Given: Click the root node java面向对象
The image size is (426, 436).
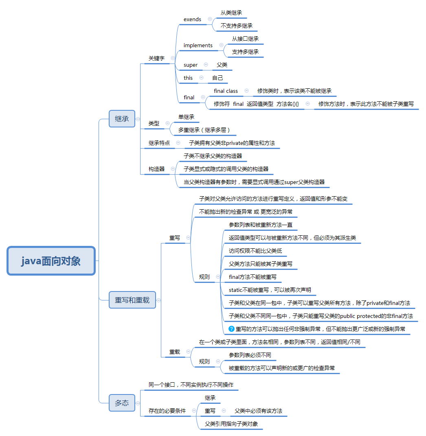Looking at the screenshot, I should click(51, 261).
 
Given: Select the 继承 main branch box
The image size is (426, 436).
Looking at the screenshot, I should click(122, 119).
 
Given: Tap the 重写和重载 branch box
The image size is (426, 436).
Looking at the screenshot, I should click(132, 300).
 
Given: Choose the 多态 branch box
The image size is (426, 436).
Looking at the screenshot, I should click(122, 403).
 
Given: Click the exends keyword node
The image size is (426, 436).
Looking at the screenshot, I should click(192, 19).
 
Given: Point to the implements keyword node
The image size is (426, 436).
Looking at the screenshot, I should click(198, 45).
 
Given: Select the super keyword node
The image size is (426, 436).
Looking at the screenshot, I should click(191, 65).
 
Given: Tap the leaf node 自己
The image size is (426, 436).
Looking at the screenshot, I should click(217, 78).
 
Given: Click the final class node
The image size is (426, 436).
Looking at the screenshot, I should click(226, 91).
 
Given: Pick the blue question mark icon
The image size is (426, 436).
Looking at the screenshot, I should click(232, 329).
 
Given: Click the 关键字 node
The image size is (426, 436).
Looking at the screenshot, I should click(156, 58).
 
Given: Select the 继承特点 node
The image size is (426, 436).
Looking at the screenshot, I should click(159, 143).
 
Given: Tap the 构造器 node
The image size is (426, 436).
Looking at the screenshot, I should click(156, 169).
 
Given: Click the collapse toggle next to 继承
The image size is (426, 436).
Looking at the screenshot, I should click(138, 119).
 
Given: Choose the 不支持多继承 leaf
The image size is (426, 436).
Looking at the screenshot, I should click(237, 26).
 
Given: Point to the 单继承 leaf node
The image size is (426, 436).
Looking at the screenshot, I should click(186, 117).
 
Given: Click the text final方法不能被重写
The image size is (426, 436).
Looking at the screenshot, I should click(253, 277).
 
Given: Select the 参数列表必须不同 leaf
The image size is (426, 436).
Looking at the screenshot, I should click(250, 355).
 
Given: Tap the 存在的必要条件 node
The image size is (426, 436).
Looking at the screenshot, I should click(167, 411).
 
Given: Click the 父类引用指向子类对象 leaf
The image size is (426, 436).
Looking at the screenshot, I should click(231, 424).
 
